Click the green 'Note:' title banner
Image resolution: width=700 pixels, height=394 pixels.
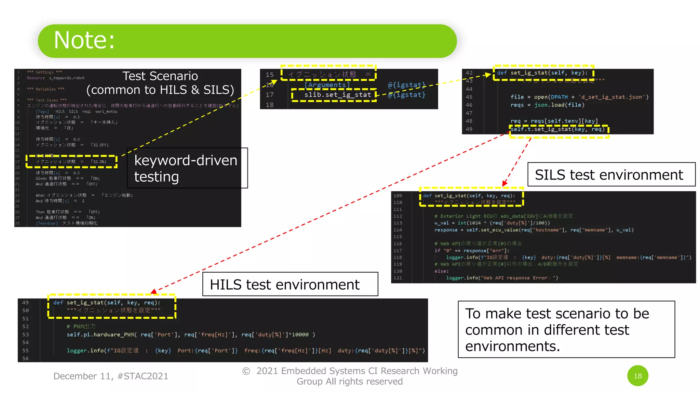pos(247,41)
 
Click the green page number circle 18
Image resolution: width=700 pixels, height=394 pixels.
pos(637,376)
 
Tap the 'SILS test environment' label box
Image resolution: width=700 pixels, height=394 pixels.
pos(611,174)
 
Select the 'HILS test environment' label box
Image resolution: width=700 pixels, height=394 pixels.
pos(290,284)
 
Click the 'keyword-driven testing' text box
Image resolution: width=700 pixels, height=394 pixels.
pos(187,168)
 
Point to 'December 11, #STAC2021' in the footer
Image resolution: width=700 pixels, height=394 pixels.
pos(111,376)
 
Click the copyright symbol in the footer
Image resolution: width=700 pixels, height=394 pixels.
pos(246,371)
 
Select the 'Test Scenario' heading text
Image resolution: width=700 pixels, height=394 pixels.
pos(160,76)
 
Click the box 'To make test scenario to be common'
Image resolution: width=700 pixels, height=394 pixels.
pos(566,329)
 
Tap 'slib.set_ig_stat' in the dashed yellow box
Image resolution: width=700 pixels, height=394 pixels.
pos(337,95)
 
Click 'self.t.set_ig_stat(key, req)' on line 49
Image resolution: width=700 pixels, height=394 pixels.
pos(558,129)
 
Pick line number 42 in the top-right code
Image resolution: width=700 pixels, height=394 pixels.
pos(469,73)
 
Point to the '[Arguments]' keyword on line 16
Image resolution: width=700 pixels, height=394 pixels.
pos(327,85)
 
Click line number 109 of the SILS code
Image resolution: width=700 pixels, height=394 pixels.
pos(398,196)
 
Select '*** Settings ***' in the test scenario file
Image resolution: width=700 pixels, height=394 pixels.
pos(44,72)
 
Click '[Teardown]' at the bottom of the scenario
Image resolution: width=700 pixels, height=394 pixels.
pos(47,223)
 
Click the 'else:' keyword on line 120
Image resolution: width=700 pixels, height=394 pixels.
pos(441,271)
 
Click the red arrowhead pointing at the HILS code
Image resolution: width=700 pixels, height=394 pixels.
pos(153,291)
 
